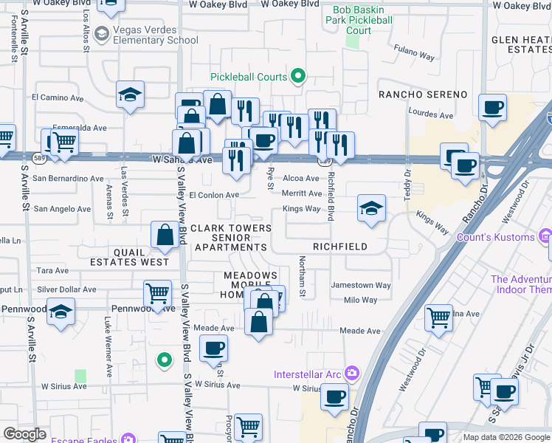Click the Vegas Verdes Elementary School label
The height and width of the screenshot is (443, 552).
(x=156, y=35)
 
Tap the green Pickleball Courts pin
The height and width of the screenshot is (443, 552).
(x=298, y=75)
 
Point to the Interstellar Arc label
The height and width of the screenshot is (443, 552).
(x=308, y=374)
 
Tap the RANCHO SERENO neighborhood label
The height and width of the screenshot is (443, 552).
(x=423, y=95)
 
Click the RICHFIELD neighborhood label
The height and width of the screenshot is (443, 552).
(x=340, y=247)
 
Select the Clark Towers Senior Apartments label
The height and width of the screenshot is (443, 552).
(x=231, y=238)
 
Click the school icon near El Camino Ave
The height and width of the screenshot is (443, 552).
(x=131, y=95)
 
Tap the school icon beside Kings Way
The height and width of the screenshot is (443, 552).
(x=371, y=207)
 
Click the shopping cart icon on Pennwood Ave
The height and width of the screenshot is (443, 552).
(x=157, y=294)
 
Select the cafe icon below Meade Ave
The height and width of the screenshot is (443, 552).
(x=213, y=348)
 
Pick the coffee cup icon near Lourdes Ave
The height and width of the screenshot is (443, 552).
(x=491, y=107)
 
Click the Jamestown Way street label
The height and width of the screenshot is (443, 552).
(x=360, y=285)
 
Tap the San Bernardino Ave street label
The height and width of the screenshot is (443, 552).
(x=67, y=178)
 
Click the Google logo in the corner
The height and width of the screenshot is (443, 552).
(x=24, y=434)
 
